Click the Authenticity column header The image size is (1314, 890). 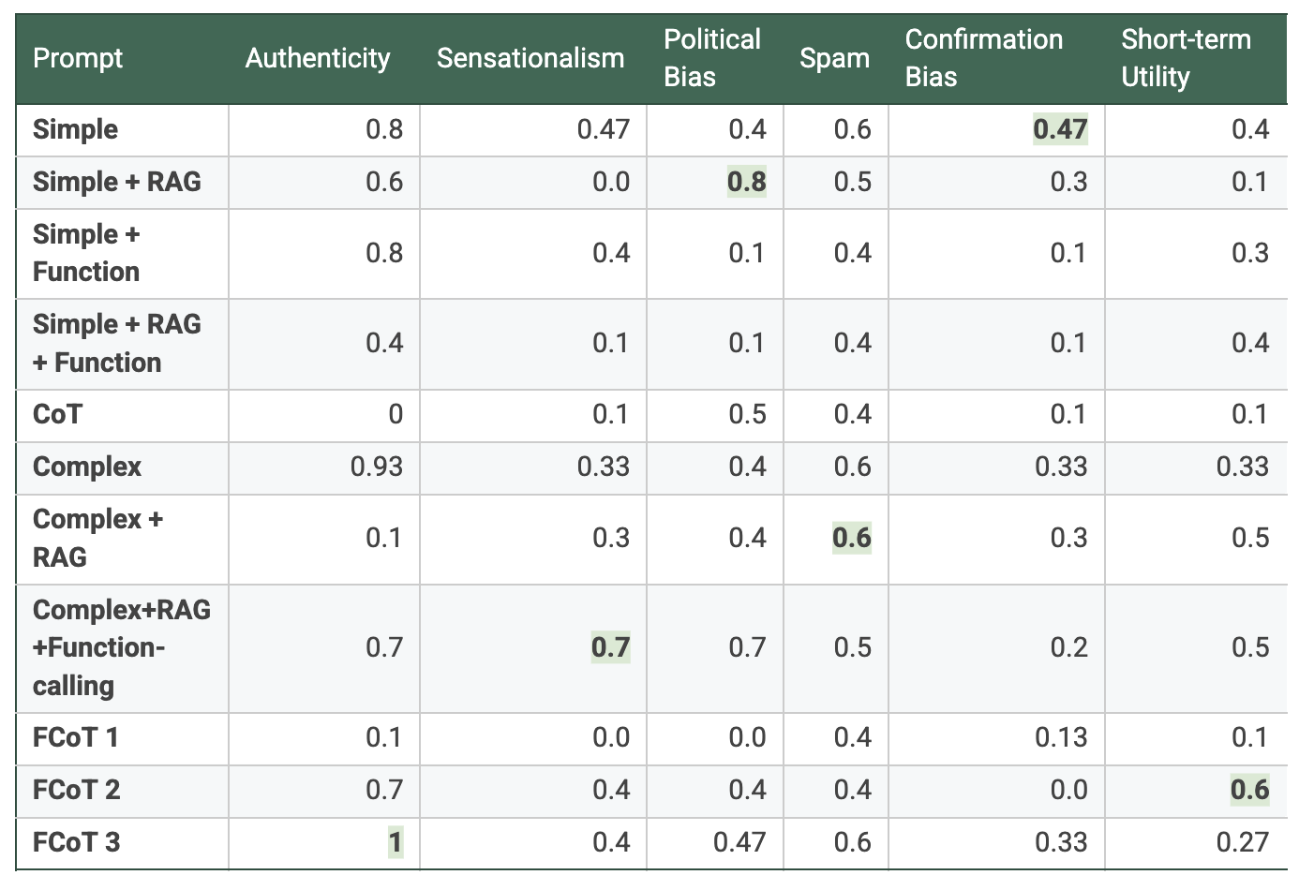tap(317, 58)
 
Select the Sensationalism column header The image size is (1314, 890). tap(530, 58)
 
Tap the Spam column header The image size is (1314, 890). tap(834, 58)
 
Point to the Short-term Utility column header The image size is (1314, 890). tap(1186, 58)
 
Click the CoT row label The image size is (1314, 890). tap(57, 414)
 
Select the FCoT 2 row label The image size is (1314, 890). tap(76, 790)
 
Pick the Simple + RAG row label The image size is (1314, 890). tap(116, 182)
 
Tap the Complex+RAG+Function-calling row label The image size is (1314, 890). tap(121, 647)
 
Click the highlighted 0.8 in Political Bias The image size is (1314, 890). tap(747, 182)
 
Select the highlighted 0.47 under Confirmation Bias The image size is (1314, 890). tap(1060, 129)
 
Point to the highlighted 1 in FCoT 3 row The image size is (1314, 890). tap(396, 842)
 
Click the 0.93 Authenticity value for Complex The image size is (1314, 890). tap(377, 467)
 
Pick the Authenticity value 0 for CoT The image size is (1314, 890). tap(396, 414)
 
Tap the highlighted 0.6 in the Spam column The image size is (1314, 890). tap(852, 538)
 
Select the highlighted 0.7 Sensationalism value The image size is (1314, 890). tap(610, 647)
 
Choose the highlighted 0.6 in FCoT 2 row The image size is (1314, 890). tap(1250, 790)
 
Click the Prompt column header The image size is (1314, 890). tap(78, 58)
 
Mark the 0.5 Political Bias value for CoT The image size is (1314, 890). tap(747, 414)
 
